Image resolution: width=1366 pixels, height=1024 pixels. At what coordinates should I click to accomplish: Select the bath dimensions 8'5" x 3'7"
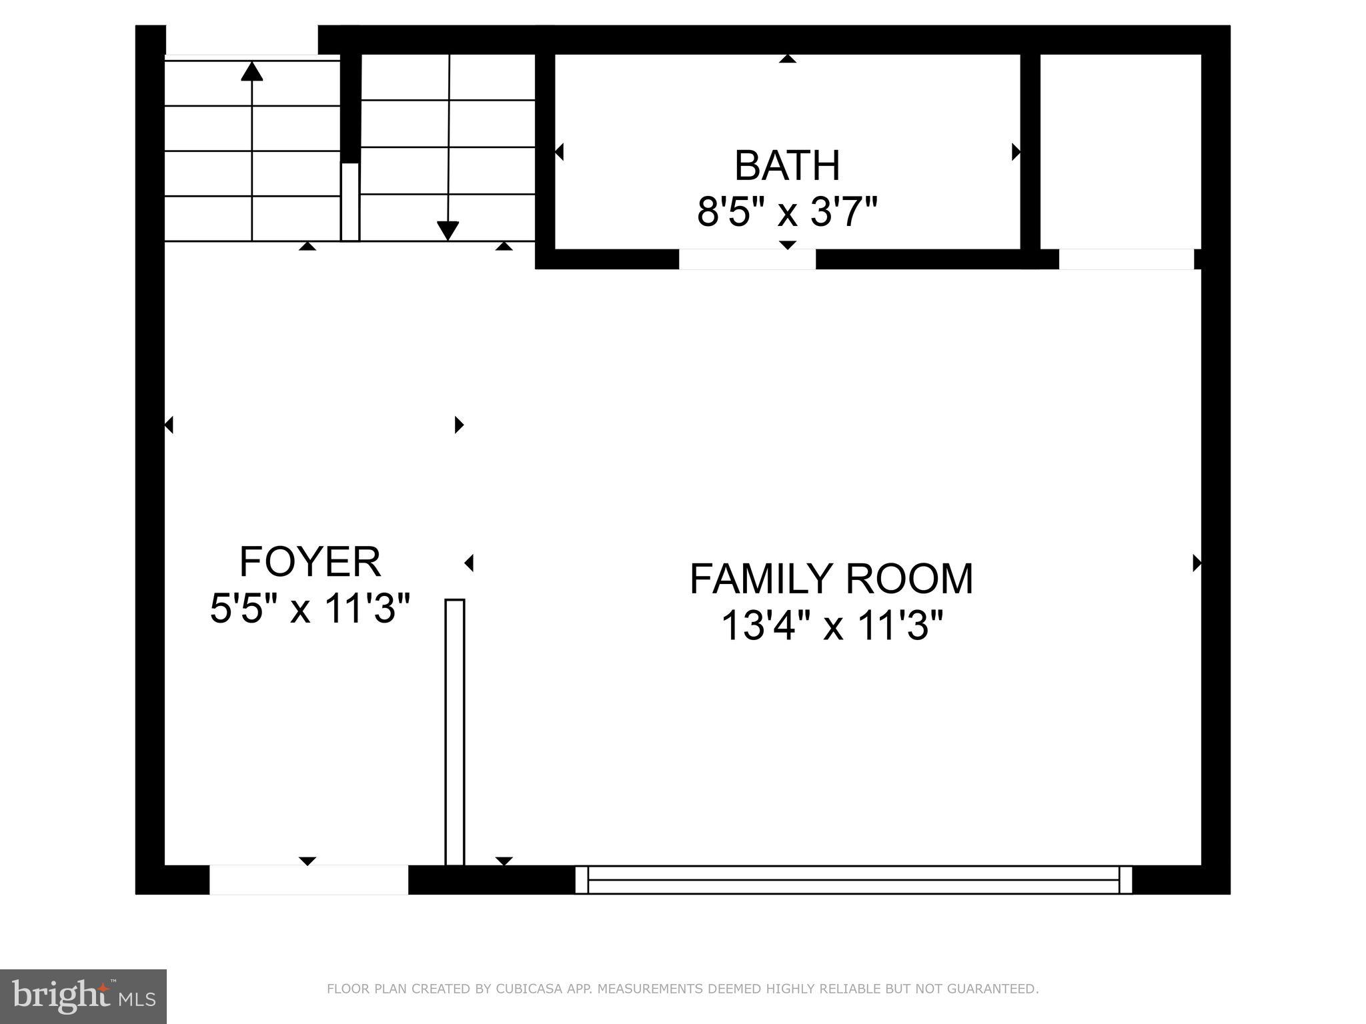[x=786, y=212]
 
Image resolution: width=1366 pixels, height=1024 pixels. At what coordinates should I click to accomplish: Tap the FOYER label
[x=309, y=561]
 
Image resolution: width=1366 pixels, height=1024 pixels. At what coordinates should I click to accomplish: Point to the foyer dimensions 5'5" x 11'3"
[x=309, y=608]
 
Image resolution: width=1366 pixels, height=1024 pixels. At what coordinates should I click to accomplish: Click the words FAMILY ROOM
[x=831, y=578]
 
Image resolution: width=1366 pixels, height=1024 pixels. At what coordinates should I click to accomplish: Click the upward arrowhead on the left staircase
[x=251, y=71]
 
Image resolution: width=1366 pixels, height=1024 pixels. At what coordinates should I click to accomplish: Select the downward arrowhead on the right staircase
[x=448, y=230]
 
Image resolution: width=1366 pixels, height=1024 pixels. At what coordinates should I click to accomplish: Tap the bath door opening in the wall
[x=747, y=259]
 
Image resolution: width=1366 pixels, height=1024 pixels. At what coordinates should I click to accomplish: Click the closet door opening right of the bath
[x=1126, y=259]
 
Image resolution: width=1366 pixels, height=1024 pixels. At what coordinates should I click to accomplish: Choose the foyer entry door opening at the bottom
[x=308, y=879]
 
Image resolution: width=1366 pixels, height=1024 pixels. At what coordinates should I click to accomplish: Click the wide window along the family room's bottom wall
[x=853, y=879]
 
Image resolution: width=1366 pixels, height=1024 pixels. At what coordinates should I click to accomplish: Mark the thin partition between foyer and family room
[x=455, y=732]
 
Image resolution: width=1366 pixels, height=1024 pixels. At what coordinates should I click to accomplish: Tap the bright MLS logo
[x=83, y=996]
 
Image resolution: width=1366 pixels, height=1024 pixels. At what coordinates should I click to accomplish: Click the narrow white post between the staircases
[x=350, y=201]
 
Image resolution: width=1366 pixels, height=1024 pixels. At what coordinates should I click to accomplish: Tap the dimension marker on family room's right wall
[x=1197, y=563]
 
